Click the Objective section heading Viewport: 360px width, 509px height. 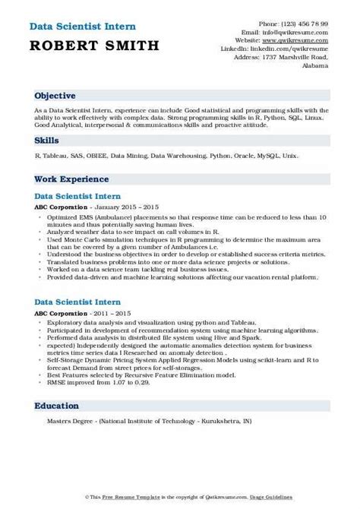[x=55, y=96]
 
